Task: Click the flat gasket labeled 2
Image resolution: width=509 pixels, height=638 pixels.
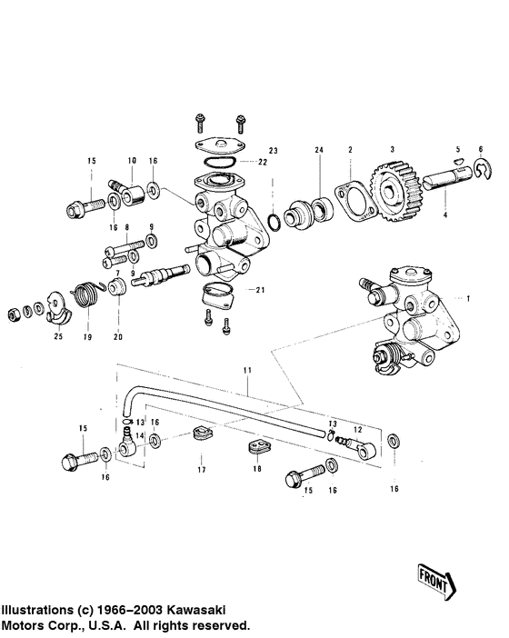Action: (x=354, y=202)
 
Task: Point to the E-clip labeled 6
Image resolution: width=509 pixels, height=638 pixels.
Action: (x=483, y=169)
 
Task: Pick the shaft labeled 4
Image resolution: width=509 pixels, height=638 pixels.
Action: (x=447, y=179)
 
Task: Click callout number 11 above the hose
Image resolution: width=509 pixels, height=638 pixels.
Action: (x=247, y=370)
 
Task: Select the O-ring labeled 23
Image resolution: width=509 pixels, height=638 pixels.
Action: (x=274, y=222)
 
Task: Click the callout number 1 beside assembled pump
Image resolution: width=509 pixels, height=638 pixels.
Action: (x=468, y=299)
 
